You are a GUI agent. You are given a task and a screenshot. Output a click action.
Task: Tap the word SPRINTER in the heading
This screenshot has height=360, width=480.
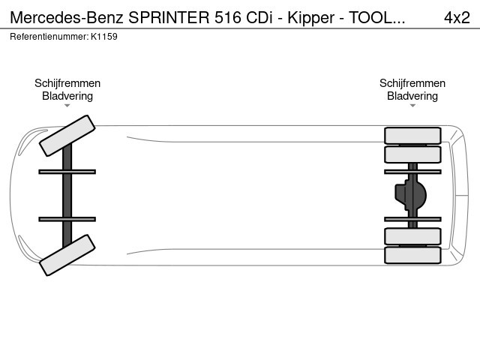(169, 17)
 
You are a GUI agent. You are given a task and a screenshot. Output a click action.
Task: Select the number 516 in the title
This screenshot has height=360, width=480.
(228, 17)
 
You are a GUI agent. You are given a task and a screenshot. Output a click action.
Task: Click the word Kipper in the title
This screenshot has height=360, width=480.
(310, 18)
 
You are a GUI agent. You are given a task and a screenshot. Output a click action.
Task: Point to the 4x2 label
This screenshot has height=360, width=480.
(457, 17)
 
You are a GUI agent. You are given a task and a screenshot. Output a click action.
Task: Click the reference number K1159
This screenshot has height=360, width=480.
(104, 37)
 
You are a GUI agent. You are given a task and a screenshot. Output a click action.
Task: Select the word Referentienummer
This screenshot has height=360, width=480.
(49, 37)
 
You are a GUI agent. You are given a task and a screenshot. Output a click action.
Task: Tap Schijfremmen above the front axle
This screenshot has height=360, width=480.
(67, 83)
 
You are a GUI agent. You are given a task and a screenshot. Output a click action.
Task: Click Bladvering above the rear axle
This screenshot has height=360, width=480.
(412, 96)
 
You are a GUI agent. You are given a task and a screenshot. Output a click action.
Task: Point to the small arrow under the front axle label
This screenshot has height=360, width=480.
(67, 106)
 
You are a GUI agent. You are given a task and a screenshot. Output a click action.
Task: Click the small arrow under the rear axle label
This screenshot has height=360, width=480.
(412, 106)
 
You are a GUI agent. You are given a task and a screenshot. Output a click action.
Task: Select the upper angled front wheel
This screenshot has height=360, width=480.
(67, 136)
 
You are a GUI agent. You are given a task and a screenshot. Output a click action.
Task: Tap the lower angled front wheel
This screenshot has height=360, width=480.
(67, 255)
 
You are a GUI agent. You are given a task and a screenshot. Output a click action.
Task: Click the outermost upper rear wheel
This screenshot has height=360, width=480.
(412, 136)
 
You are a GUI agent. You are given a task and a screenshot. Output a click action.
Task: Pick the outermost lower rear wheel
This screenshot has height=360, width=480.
(412, 255)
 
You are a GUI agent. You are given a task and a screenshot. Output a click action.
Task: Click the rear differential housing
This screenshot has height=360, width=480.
(410, 195)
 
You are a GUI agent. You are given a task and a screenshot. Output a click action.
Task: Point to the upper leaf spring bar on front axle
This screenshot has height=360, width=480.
(67, 172)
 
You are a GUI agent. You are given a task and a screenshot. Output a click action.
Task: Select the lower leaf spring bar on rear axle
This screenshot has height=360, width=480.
(412, 219)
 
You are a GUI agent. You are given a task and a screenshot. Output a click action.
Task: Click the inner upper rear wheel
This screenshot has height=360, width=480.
(412, 154)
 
